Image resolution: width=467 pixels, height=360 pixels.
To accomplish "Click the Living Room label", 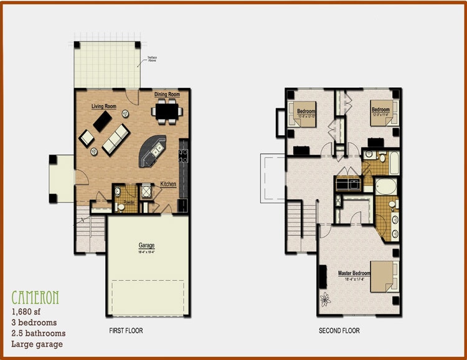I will [x=104, y=107].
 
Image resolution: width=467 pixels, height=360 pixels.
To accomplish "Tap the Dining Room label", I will [x=167, y=95].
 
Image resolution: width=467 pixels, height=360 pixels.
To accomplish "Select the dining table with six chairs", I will [x=167, y=111].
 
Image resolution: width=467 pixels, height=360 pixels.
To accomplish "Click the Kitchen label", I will [x=168, y=184].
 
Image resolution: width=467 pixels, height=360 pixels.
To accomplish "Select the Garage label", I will [x=146, y=245].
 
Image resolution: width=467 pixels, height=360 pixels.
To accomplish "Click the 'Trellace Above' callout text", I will [x=152, y=59].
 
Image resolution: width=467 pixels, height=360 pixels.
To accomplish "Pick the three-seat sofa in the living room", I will [x=116, y=139].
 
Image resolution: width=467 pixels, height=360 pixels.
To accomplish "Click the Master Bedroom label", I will [x=354, y=273].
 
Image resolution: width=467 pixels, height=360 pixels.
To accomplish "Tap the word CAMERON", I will [x=35, y=297].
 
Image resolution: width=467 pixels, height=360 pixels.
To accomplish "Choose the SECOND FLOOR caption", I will [x=339, y=331].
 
